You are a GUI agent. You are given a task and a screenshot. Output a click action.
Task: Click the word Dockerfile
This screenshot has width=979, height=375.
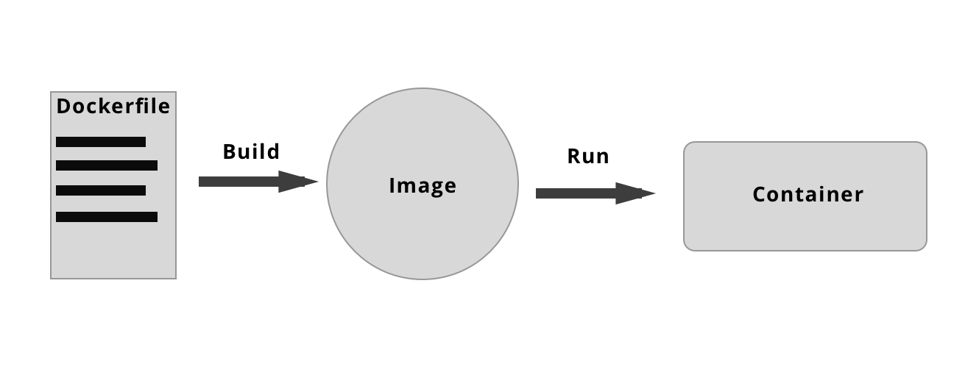(113, 107)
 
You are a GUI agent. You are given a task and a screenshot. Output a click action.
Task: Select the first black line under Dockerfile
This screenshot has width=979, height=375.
(101, 142)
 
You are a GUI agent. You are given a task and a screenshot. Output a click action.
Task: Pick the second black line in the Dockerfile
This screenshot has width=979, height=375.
(107, 165)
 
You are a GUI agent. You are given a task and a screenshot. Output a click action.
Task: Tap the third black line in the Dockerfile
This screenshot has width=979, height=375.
(101, 190)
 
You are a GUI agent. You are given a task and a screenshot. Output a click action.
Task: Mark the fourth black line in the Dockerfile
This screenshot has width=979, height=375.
(107, 217)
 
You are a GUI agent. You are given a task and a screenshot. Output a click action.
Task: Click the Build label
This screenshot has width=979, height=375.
(251, 151)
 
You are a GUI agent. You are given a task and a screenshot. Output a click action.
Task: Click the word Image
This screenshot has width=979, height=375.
(423, 186)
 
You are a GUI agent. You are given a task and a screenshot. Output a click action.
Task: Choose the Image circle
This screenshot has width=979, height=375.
(423, 235)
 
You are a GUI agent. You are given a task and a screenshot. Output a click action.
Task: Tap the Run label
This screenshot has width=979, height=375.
(588, 157)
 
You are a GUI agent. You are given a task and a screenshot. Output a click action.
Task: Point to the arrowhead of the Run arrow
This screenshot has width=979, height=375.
(635, 193)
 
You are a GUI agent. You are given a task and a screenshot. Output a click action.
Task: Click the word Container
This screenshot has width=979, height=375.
(807, 195)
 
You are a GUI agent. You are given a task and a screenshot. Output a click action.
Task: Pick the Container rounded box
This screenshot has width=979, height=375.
(805, 228)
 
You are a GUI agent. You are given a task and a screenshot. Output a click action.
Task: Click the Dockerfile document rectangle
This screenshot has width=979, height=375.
(113, 250)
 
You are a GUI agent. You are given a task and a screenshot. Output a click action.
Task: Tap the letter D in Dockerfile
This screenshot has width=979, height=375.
(63, 107)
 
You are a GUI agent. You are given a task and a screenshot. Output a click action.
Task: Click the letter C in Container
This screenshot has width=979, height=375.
(760, 195)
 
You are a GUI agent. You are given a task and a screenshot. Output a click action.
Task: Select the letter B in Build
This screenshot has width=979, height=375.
(229, 151)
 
